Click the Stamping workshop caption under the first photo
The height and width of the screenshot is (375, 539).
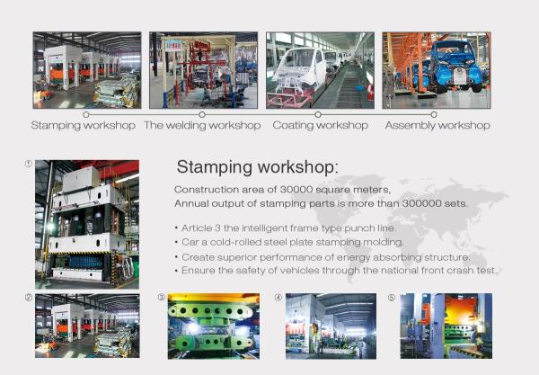[84, 126]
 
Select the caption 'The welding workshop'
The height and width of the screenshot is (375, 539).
[202, 126]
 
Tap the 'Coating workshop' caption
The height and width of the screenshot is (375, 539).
[321, 126]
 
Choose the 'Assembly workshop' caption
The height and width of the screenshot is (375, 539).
[437, 126]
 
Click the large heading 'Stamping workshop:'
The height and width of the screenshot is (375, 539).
[258, 167]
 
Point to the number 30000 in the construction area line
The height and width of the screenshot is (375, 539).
[296, 190]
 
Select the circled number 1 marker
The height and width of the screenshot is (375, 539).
[29, 164]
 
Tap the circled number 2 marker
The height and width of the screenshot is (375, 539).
[29, 298]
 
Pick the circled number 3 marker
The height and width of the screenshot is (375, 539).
[161, 298]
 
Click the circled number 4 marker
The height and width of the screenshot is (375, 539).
[278, 298]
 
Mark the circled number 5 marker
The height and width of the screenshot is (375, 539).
[391, 298]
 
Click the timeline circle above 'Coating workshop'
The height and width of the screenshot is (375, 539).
[318, 114]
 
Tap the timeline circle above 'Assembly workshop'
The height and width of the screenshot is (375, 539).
[434, 114]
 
